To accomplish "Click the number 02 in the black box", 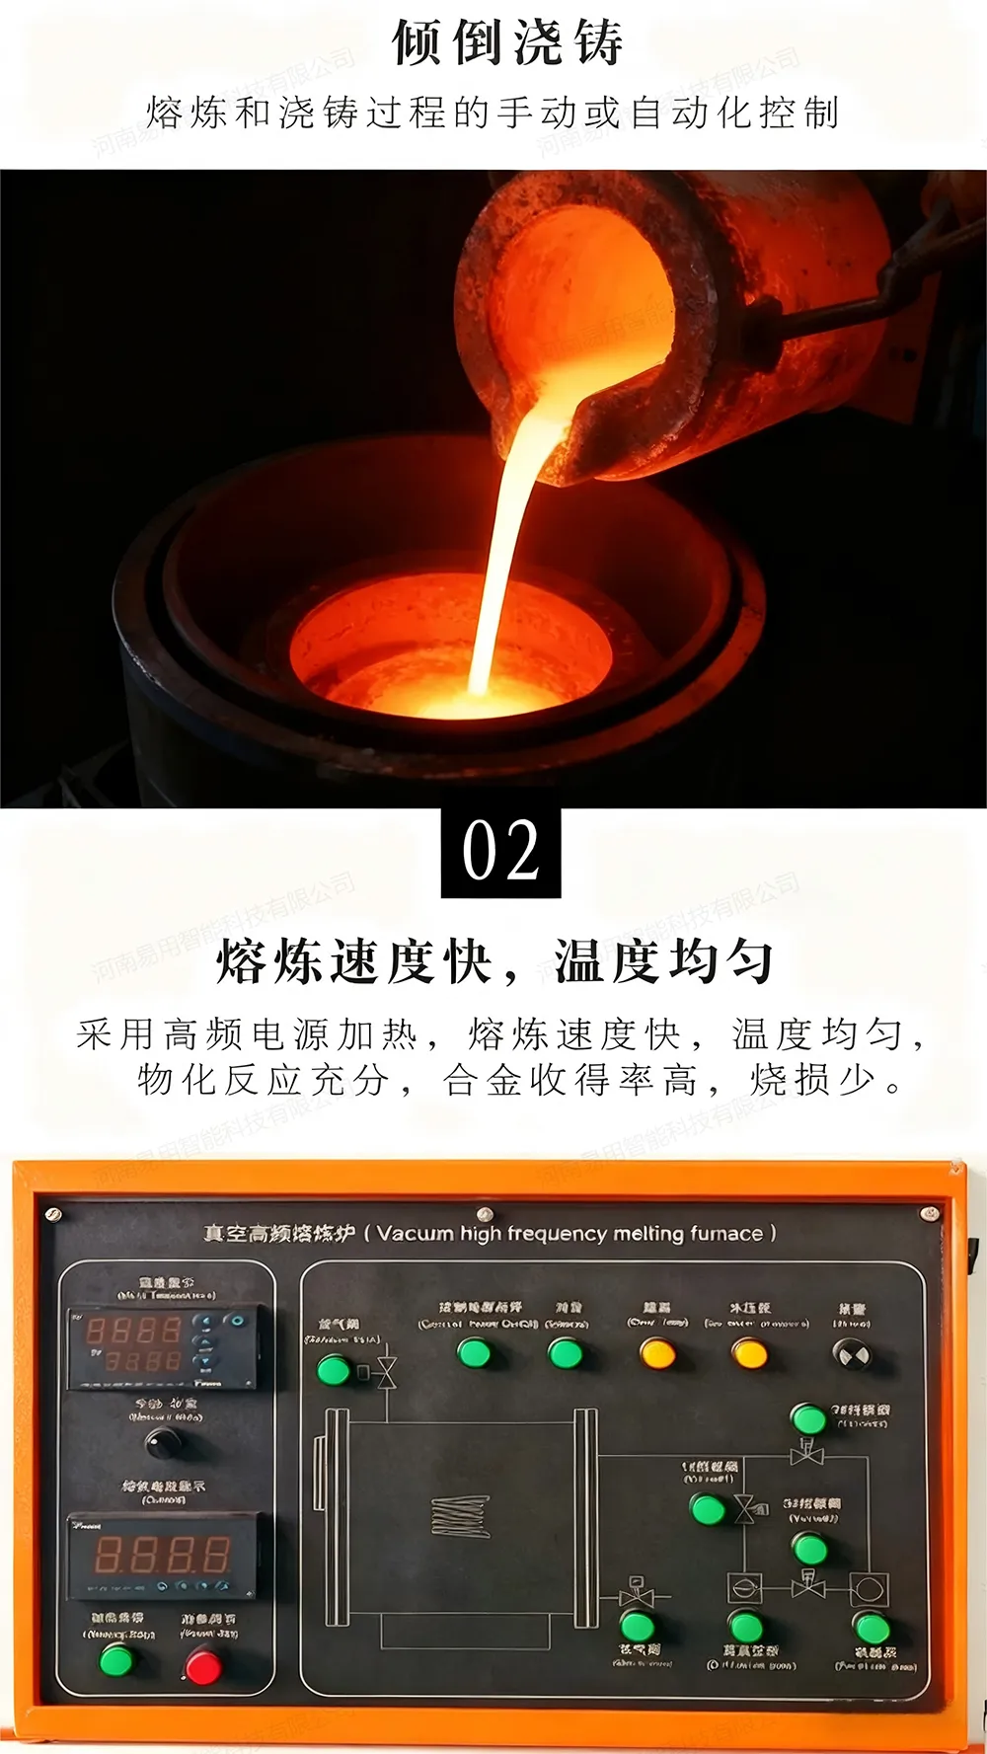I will (x=500, y=850).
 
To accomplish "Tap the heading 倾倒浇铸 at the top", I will (x=507, y=43).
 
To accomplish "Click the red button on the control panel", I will (x=204, y=1666).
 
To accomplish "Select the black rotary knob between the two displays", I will (x=162, y=1442).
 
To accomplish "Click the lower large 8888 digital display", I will (x=162, y=1555).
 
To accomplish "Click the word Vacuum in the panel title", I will (x=415, y=1234).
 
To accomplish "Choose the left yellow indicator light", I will (x=657, y=1352).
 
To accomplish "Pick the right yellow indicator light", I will (x=749, y=1352).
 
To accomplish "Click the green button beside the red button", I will (x=117, y=1660).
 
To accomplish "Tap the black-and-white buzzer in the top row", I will (x=852, y=1355).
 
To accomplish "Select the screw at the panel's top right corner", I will (x=928, y=1212).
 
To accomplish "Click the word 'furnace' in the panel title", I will (x=726, y=1234).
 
